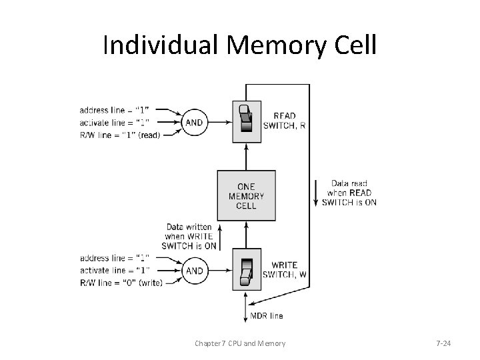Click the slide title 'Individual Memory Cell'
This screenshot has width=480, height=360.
239,45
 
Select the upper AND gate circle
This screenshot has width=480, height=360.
195,123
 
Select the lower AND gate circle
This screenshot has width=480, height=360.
195,271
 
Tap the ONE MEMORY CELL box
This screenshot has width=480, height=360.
246,197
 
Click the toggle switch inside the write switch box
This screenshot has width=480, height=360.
246,270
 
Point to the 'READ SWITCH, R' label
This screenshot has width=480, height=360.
284,121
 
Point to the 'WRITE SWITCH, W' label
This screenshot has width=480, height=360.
285,270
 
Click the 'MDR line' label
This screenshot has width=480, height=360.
266,315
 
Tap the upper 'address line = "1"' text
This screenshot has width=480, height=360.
115,109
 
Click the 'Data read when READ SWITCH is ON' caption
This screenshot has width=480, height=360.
349,193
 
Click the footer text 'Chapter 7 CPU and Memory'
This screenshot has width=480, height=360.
240,343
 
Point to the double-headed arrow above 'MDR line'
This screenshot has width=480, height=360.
246,303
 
